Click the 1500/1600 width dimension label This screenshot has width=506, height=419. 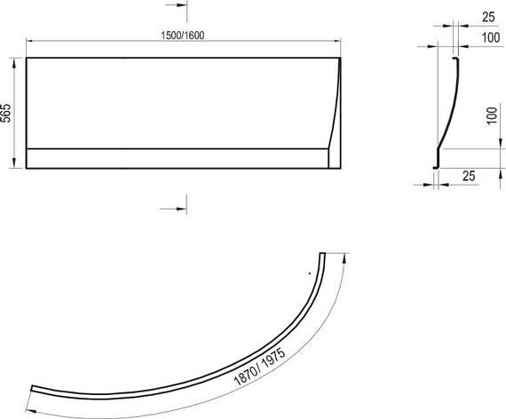(183, 36)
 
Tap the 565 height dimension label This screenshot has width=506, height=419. (6, 113)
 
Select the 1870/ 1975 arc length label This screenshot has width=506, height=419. (260, 367)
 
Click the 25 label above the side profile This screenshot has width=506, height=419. (488, 17)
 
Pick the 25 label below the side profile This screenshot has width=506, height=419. (469, 176)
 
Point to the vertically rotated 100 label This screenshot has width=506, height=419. (492, 116)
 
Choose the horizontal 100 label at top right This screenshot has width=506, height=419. (491, 38)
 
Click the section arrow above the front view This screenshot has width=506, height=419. (176, 5)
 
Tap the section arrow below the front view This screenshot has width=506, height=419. (173, 209)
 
